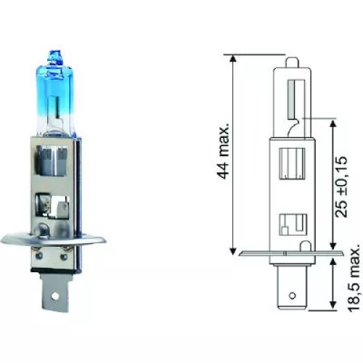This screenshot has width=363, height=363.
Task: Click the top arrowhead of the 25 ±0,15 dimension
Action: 332,122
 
